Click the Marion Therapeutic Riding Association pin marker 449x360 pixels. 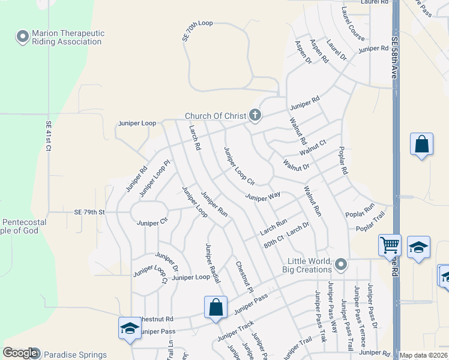(23, 37)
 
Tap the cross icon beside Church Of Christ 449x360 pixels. (255, 115)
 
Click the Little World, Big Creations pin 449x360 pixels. (341, 265)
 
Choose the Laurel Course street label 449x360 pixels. (353, 23)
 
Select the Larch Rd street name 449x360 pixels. (194, 138)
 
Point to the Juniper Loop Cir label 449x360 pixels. (240, 165)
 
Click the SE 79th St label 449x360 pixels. (89, 212)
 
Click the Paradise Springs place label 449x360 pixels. (74, 355)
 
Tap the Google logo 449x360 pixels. (20, 353)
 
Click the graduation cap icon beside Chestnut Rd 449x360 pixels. (129, 328)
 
